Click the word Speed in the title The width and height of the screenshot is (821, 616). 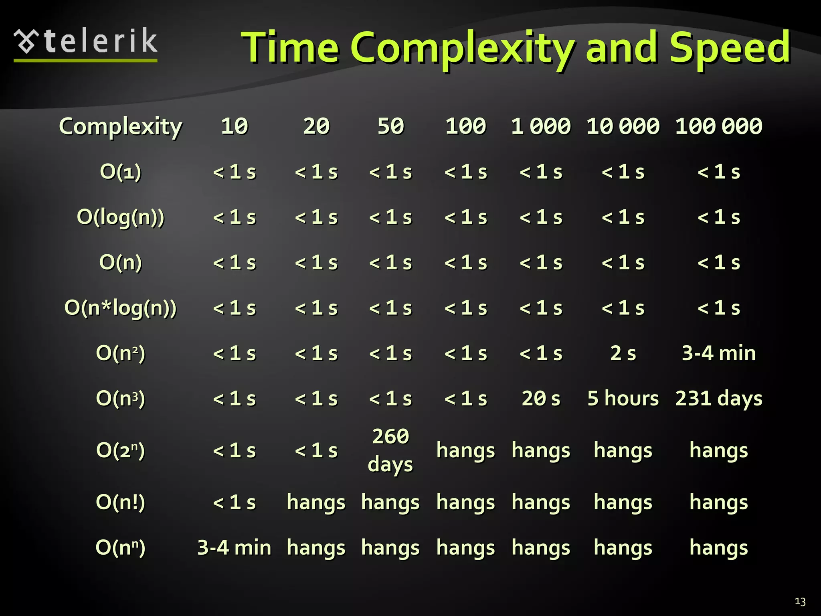point(730,48)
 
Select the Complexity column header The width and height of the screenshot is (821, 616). point(120,126)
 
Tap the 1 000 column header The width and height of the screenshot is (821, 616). point(541,126)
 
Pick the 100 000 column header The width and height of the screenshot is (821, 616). point(718,126)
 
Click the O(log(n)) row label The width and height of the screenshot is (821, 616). point(120,217)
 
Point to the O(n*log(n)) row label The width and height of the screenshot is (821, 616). point(120,308)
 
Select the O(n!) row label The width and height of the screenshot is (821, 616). point(120,502)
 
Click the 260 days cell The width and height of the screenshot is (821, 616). point(390,450)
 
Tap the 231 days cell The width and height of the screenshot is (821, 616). point(718,399)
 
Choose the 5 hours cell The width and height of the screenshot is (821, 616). point(623,399)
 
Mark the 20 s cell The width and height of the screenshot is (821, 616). point(541,399)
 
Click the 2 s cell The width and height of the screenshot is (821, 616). point(623,353)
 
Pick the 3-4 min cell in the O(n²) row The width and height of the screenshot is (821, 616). point(718,353)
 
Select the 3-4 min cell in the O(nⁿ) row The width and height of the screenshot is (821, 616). point(234,547)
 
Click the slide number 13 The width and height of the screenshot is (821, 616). point(800,602)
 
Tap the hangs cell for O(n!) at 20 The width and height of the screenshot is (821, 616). point(316,502)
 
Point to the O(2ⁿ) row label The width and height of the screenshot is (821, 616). point(120,450)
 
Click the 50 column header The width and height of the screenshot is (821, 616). point(390,126)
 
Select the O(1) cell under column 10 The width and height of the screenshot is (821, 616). point(234,172)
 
